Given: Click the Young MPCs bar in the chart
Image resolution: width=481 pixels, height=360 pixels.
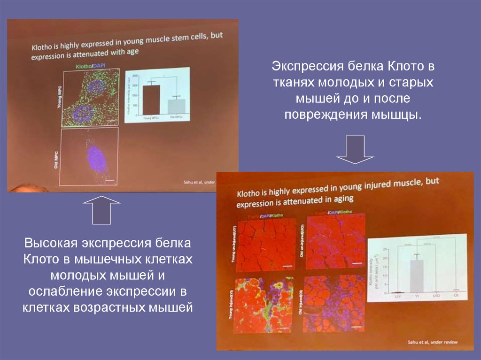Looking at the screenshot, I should point(151,100).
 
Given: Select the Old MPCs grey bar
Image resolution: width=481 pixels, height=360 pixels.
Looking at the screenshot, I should point(174,107).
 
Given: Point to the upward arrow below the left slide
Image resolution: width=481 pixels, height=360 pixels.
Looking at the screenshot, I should point(101,210).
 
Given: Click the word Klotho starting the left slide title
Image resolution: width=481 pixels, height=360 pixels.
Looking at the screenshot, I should point(43,47).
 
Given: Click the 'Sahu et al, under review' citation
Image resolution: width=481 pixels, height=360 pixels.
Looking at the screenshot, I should point(432,342).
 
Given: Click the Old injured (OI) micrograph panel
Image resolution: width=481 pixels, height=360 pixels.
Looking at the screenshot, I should point(335,304).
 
